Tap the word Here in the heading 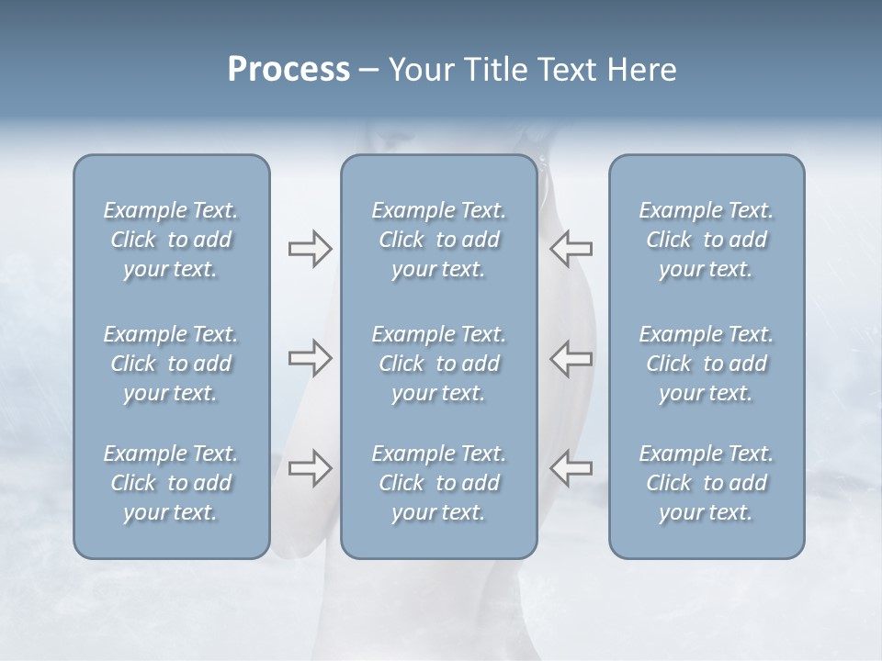click(642, 70)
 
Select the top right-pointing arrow click(310, 249)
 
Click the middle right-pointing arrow click(310, 358)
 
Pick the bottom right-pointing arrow click(310, 468)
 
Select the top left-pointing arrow click(571, 248)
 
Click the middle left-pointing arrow click(571, 358)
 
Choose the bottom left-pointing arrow click(571, 468)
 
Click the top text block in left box click(171, 240)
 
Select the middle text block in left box click(171, 364)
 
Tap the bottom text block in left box click(171, 483)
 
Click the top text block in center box click(438, 240)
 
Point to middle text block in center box click(438, 364)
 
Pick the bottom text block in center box click(438, 483)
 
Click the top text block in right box click(706, 240)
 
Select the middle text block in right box click(706, 364)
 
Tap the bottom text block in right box click(706, 483)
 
